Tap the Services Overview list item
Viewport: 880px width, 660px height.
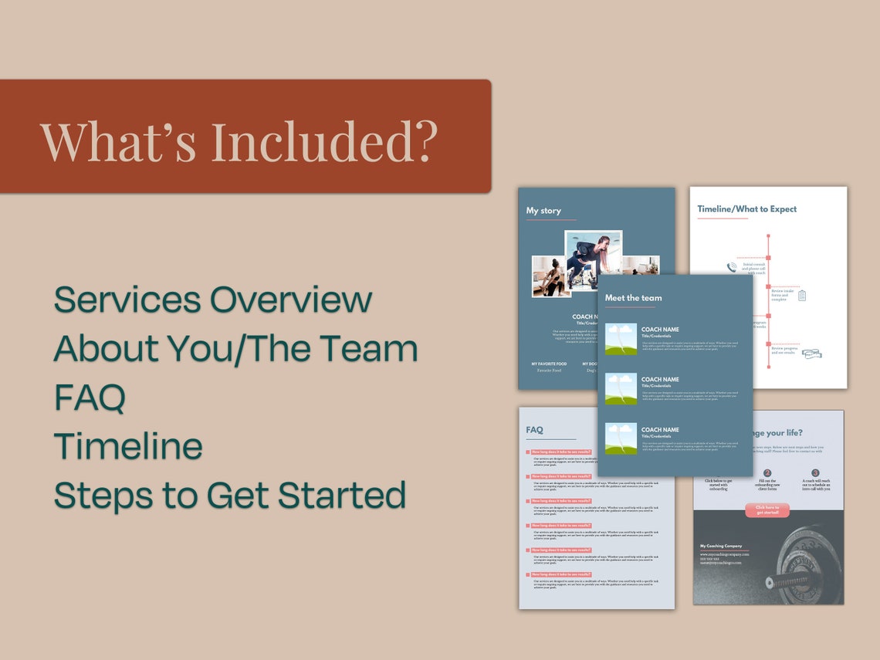click(213, 300)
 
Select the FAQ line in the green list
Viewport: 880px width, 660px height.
click(90, 398)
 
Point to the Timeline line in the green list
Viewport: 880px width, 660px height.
click(128, 446)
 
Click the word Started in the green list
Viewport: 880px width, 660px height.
click(342, 495)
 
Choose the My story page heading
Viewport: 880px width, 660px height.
click(543, 211)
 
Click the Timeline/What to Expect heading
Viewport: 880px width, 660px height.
click(746, 209)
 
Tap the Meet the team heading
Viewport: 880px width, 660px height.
click(633, 298)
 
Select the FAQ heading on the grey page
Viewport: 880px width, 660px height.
click(534, 430)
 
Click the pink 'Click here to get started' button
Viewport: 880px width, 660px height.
click(767, 510)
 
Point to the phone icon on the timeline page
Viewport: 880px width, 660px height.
click(732, 268)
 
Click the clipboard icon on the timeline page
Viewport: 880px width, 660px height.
click(801, 295)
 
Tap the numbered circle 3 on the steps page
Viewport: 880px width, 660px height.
click(815, 473)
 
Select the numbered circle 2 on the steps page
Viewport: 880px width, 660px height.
click(767, 473)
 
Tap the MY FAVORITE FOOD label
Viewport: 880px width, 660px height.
click(549, 364)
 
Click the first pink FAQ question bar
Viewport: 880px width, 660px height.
click(561, 452)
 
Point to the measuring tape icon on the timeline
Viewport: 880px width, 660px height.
click(811, 354)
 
